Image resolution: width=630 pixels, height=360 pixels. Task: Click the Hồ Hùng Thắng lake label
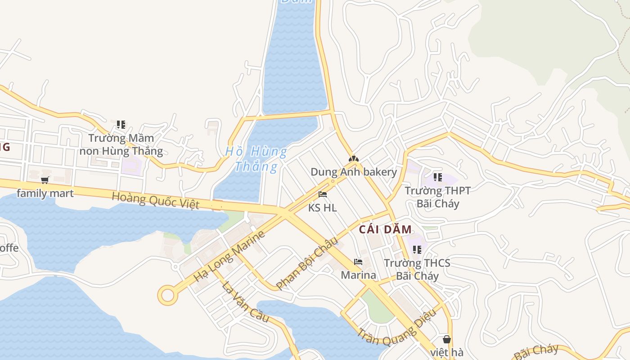click(256, 159)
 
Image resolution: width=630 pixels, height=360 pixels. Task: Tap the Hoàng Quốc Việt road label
click(155, 200)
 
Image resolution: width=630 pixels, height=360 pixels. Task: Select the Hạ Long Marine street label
click(229, 256)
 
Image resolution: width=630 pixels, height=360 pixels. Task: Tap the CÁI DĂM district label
click(385, 229)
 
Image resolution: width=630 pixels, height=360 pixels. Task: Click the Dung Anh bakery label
click(354, 172)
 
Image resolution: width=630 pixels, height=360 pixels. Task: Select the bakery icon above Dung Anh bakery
click(354, 159)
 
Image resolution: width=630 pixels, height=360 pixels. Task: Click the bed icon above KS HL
click(323, 194)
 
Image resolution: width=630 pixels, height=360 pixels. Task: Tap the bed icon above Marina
click(358, 261)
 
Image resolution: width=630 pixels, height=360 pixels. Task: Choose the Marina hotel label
click(358, 274)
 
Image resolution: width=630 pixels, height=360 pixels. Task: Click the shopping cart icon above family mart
click(45, 180)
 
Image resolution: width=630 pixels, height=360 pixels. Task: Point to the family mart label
click(45, 193)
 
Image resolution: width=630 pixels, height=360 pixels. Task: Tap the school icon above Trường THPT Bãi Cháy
click(437, 177)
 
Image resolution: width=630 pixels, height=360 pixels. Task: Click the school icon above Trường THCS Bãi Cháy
click(417, 249)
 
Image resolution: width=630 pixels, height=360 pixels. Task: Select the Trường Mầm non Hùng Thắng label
click(121, 144)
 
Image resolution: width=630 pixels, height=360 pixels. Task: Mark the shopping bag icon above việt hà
click(446, 339)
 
